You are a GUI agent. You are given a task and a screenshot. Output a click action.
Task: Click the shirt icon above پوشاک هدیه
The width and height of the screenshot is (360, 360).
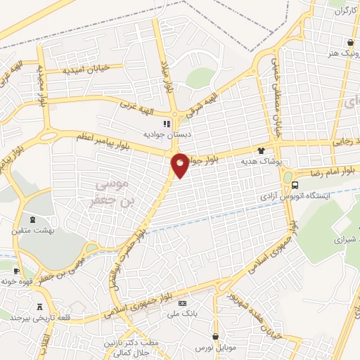point(262,150)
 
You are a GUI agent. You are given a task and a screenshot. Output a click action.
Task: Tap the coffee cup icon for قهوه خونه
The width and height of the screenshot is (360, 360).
point(16,270)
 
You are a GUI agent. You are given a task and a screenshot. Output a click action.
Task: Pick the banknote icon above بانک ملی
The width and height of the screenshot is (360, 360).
point(183,303)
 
